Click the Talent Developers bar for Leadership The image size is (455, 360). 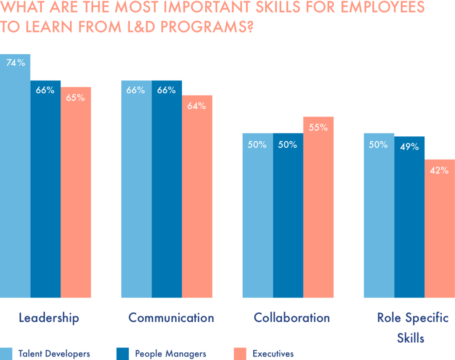tap(15, 178)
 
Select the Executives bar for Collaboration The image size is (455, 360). tap(319, 209)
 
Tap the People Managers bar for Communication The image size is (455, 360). tap(167, 191)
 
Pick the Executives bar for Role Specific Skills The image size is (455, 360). tap(440, 231)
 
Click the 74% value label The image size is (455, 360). tap(16, 63)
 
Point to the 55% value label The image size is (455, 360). tap(319, 128)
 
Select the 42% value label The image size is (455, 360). tap(439, 170)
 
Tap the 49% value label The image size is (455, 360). tap(409, 147)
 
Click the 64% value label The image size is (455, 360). tap(197, 106)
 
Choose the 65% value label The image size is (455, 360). tap(76, 98)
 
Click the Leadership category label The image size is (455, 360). tap(49, 318)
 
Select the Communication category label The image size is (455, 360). tap(171, 318)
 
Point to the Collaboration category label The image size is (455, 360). tap(292, 318)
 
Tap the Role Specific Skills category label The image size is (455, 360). tap(413, 328)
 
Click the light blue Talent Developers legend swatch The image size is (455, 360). tap(6, 354)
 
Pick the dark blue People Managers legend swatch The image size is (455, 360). tap(123, 354)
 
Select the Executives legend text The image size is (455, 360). tap(273, 354)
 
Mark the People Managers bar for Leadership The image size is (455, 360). tap(45, 191)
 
